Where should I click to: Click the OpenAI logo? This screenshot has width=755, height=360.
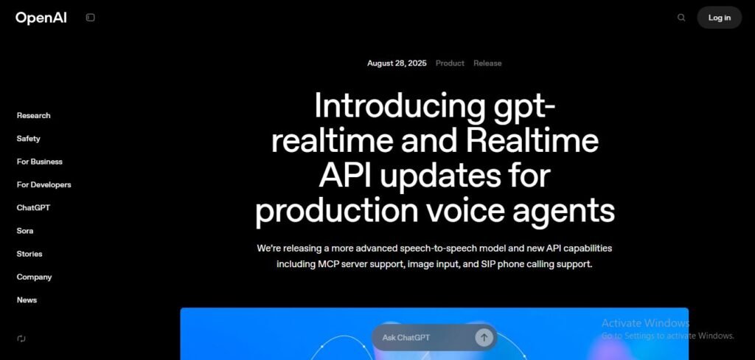(41, 18)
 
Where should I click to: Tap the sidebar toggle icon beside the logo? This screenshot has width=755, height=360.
(91, 18)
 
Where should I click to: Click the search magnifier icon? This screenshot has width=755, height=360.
(681, 18)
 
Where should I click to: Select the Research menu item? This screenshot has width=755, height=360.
(34, 116)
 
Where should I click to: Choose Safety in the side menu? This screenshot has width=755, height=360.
(29, 139)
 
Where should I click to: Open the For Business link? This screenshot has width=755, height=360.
(40, 162)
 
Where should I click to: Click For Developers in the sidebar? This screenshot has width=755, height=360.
(44, 184)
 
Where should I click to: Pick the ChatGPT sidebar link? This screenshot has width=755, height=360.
(33, 208)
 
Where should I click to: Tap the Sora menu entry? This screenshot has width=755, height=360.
(25, 231)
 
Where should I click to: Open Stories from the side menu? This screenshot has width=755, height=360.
(29, 254)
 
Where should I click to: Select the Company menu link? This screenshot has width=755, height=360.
(35, 277)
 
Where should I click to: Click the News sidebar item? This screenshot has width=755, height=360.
(27, 300)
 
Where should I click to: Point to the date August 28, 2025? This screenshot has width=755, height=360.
(397, 63)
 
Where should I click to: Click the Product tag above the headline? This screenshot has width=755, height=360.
(450, 63)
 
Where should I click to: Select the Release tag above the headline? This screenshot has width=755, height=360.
(487, 63)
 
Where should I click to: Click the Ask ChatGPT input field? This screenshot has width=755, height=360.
(420, 338)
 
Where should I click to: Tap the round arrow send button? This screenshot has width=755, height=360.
(484, 338)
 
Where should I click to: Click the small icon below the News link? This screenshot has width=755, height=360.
(21, 339)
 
